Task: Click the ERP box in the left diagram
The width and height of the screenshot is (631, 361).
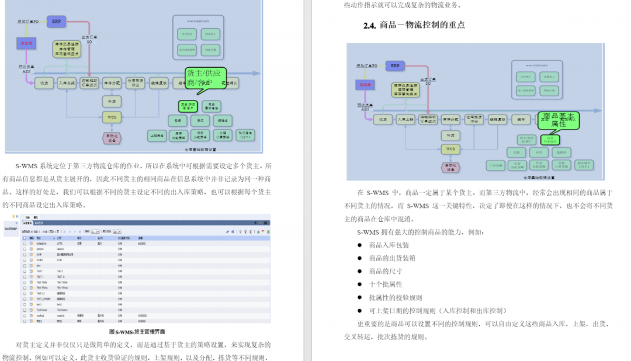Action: point(56,22)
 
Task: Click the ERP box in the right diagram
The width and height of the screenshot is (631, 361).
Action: point(396,65)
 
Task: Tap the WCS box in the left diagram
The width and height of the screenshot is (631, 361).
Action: point(112,117)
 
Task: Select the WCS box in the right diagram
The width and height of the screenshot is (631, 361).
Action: point(450,149)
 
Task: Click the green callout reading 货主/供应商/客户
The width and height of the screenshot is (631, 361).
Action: point(205,79)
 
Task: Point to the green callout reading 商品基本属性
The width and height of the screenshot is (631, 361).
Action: point(557,119)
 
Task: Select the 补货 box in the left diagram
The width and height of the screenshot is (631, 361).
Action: point(112,100)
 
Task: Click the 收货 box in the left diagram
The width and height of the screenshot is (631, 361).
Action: point(44,84)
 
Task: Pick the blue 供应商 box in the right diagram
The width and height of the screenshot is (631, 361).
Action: point(366,85)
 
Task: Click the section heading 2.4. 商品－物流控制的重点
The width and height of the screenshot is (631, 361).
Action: point(414,25)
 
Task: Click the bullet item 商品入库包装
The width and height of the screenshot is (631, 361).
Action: point(389,245)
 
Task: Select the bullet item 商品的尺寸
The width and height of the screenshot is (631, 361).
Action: point(385,271)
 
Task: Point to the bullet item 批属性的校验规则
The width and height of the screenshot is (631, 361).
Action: point(395,297)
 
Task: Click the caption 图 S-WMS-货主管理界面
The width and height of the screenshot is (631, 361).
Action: point(137,332)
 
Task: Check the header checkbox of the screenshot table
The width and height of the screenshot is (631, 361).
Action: point(25,238)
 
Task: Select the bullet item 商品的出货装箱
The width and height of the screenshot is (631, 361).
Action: point(392,258)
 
